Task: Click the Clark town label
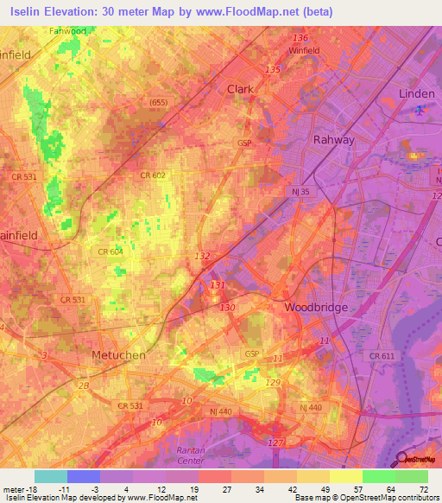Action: [x=240, y=89]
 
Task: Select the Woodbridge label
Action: [x=315, y=307]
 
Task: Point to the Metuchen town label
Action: [x=118, y=355]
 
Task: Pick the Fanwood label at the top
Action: [x=67, y=31]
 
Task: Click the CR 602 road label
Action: [x=152, y=175]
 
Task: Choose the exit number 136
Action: [x=300, y=38]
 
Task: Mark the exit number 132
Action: [x=203, y=256]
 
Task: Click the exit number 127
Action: [x=275, y=443]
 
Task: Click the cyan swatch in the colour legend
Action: [x=50, y=476]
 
